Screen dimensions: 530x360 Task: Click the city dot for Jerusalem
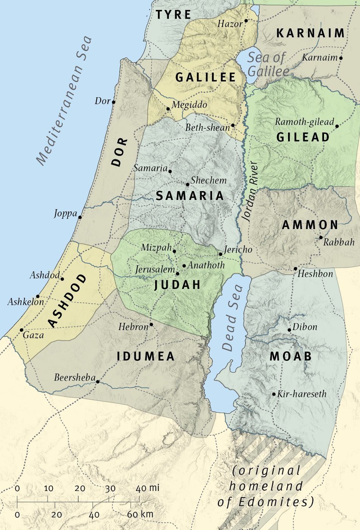[x=178, y=273]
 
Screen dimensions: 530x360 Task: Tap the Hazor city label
[x=230, y=24]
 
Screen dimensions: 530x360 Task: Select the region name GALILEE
[x=206, y=78]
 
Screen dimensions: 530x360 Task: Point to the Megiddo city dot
[x=168, y=109]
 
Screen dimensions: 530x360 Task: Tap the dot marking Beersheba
[x=98, y=382]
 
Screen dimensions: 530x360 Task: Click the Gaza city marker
[x=22, y=330]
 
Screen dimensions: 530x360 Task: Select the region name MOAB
[x=291, y=356]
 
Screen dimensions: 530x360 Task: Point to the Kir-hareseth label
[x=302, y=394]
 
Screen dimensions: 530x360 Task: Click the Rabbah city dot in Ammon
[x=321, y=238]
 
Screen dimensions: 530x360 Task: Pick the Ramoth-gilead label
[x=304, y=122]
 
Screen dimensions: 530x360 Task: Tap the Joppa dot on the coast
[x=80, y=217]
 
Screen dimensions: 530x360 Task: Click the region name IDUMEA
[x=146, y=357]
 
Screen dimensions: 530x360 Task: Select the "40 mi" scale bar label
[x=148, y=488]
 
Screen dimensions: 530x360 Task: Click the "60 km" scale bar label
[x=140, y=514]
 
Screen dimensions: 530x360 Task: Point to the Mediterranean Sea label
[x=64, y=101]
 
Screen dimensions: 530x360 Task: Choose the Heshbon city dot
[x=296, y=269]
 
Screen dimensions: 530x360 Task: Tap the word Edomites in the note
[x=276, y=502]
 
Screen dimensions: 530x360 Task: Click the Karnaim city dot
[x=341, y=58]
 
